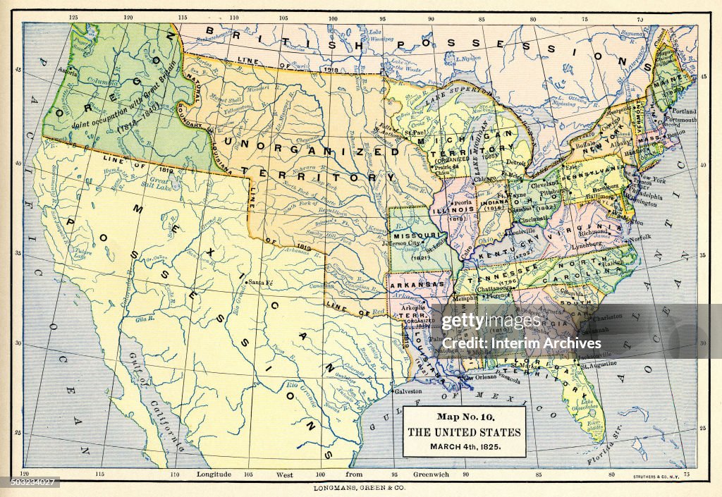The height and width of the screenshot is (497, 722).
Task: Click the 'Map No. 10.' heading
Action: coord(465,417)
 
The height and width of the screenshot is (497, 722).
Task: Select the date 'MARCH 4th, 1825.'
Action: coord(465,446)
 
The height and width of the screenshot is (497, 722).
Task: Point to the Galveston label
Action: coord(408,391)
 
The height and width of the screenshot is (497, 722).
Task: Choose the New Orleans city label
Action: coord(480,377)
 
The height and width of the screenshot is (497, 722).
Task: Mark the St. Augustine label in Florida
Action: coord(598,363)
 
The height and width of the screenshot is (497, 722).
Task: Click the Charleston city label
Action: coord(608,317)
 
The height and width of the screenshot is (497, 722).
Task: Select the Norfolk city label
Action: coord(641,238)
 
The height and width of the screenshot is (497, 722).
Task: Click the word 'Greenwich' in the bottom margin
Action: coord(431,474)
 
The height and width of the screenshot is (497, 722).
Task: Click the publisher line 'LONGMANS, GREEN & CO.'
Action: coord(361,487)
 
